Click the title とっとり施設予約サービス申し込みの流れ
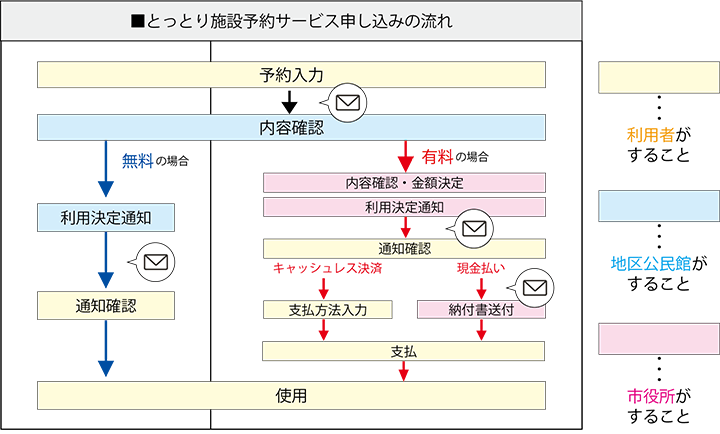(291, 21)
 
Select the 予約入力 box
(291, 75)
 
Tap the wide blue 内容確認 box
(291, 127)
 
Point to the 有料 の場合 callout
(455, 157)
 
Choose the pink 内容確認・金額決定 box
(404, 183)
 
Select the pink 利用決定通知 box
(404, 207)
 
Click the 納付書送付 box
(481, 310)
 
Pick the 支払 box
(404, 351)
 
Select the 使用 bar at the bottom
(291, 395)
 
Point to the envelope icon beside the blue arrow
(153, 263)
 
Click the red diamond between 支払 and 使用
(404, 371)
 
